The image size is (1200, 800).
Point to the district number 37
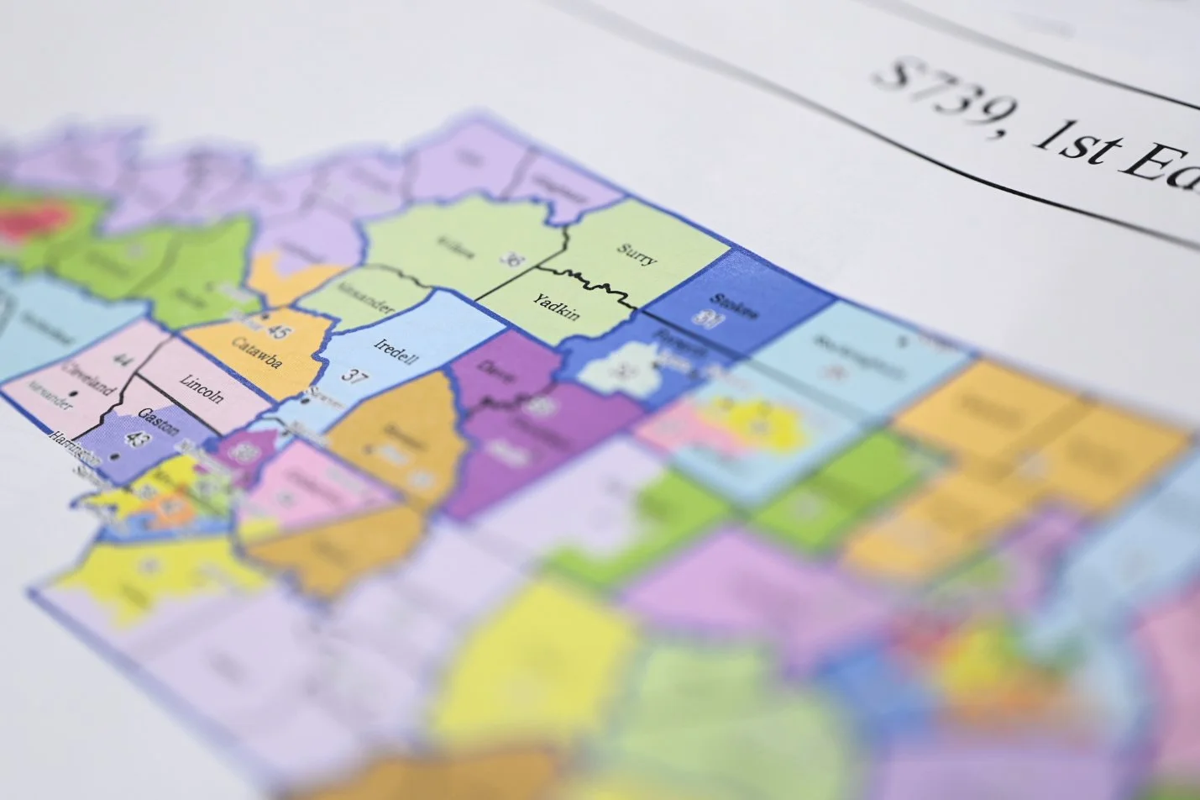coord(355,376)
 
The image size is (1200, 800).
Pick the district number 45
coord(278,333)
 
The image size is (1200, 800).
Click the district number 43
coord(136,438)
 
